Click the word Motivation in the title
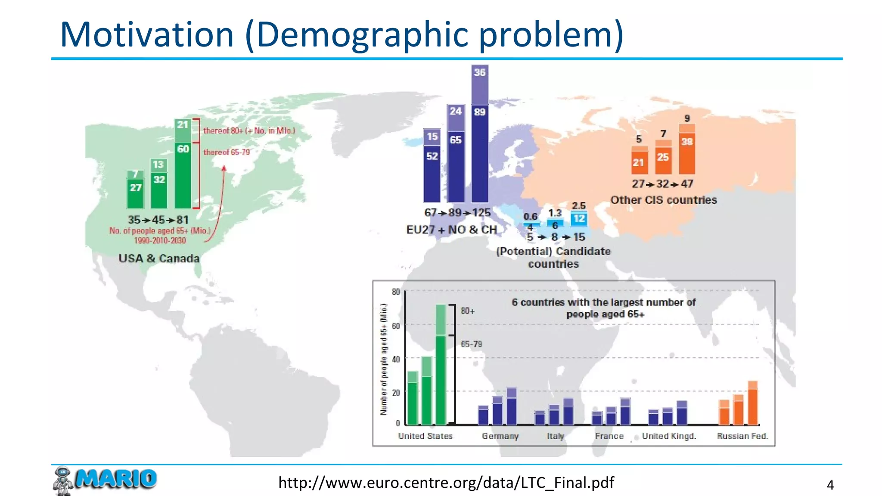(147, 34)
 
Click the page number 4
(830, 485)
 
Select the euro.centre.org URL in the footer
(446, 483)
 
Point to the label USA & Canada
(159, 258)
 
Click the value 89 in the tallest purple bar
(479, 112)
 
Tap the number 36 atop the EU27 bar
(479, 72)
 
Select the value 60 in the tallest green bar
(183, 149)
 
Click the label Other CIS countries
(663, 200)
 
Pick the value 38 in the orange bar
(686, 142)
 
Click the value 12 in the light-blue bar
(579, 219)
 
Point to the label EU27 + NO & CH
(451, 229)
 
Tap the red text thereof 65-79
(226, 152)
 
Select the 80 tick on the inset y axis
(396, 292)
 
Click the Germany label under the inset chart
(500, 436)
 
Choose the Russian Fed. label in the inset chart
(742, 436)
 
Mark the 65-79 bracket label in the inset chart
(471, 344)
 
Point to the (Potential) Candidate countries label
(553, 257)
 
